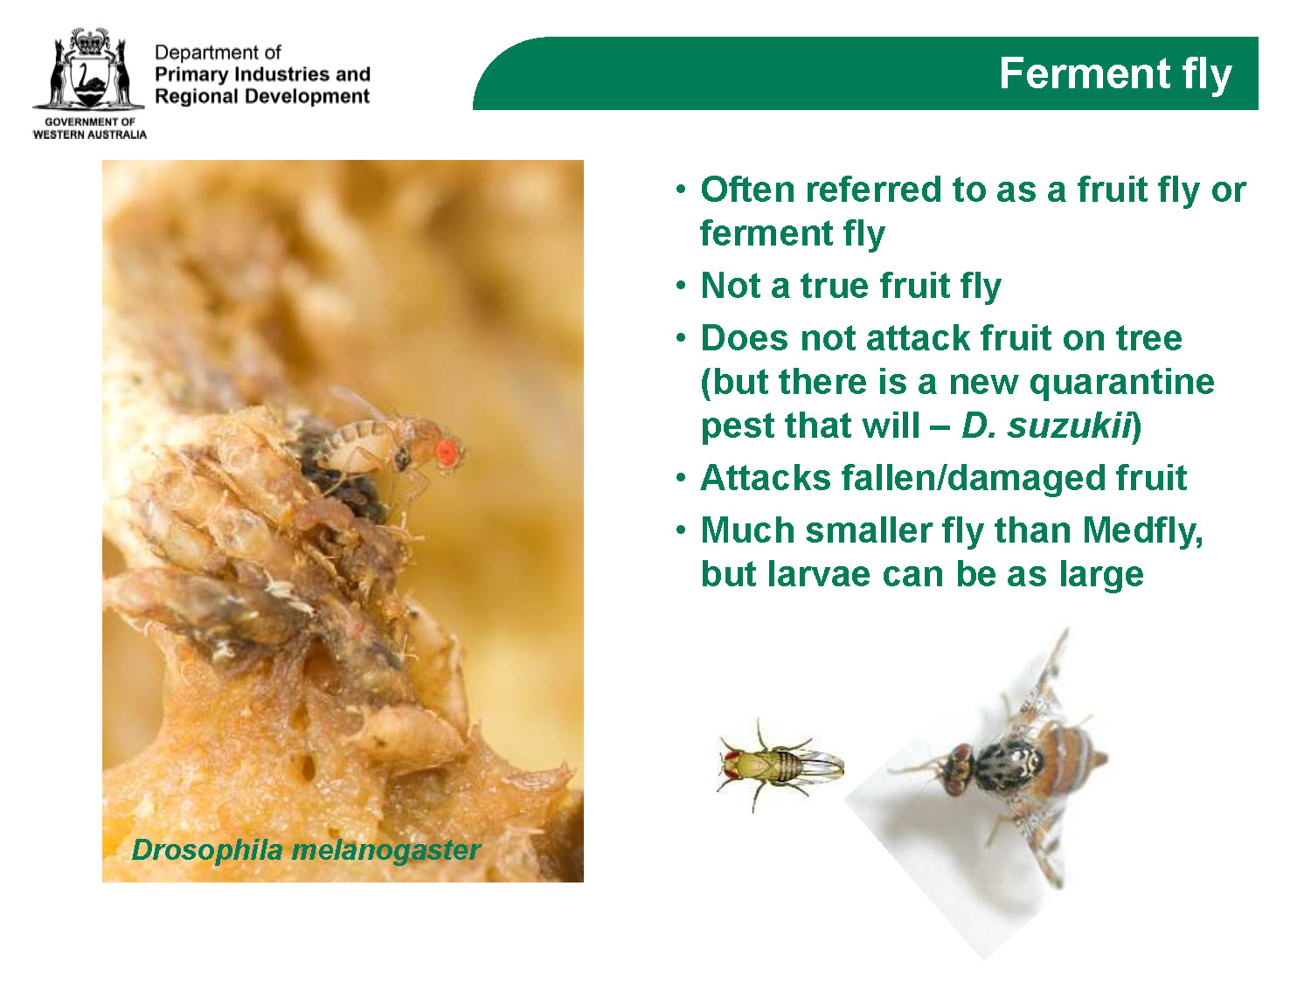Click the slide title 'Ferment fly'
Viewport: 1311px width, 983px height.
[1114, 74]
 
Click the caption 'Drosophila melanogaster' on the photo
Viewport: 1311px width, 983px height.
[306, 850]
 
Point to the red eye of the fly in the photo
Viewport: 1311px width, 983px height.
[448, 453]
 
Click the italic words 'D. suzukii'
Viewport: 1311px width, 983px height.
[1046, 426]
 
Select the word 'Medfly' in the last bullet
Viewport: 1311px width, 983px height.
[1142, 530]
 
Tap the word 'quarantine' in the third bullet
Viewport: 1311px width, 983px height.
[1121, 383]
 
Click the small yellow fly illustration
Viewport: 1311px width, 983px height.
[780, 765]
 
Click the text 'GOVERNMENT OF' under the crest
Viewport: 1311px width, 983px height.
[90, 121]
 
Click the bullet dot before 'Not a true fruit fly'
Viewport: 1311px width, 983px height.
[681, 286]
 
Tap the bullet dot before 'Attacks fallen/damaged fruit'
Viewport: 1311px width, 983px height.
[681, 478]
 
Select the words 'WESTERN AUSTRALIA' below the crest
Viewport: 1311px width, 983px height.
[90, 135]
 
